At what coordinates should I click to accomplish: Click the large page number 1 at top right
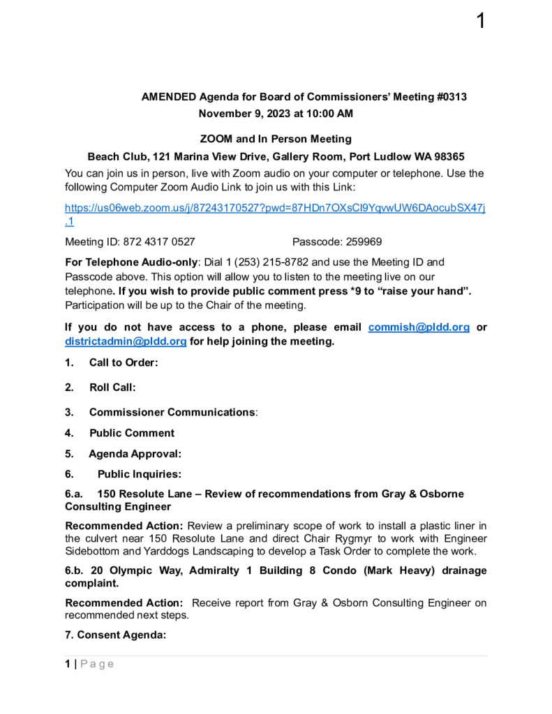pyautogui.click(x=480, y=21)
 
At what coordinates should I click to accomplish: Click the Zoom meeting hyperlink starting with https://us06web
pyautogui.click(x=275, y=208)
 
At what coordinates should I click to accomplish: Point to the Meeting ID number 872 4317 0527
pyautogui.click(x=159, y=242)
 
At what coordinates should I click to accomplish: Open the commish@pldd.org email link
pyautogui.click(x=419, y=327)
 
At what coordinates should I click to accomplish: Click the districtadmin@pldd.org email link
pyautogui.click(x=126, y=341)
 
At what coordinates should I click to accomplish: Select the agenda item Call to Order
pyautogui.click(x=124, y=363)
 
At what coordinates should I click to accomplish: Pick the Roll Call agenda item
pyautogui.click(x=112, y=387)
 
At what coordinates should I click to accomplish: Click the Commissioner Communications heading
pyautogui.click(x=172, y=412)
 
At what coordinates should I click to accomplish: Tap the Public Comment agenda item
pyautogui.click(x=132, y=433)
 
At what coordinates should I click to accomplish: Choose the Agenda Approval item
pyautogui.click(x=135, y=454)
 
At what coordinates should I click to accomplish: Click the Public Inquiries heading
pyautogui.click(x=139, y=475)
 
